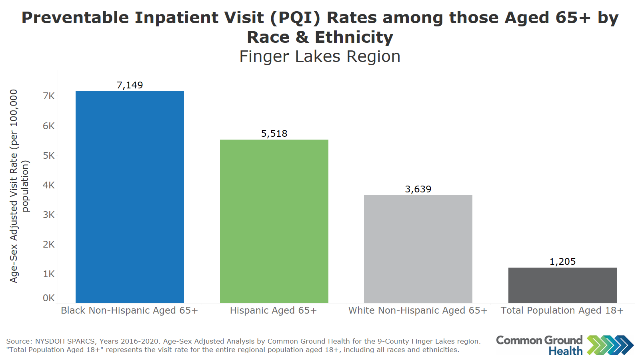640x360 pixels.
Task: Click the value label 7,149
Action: pos(130,85)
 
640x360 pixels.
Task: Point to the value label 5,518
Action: pos(274,134)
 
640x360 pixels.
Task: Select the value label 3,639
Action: pos(418,189)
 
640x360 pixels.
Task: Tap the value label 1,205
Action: pos(562,262)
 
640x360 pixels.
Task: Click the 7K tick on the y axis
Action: pos(49,96)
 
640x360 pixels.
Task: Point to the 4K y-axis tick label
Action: pos(49,185)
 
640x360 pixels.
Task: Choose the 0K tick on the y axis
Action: pos(49,298)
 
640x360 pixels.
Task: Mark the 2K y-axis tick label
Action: pos(49,244)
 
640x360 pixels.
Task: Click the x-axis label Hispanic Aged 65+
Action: pos(273,310)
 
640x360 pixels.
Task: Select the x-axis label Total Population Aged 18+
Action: pos(562,310)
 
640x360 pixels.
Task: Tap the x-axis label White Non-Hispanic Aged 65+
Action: pos(418,310)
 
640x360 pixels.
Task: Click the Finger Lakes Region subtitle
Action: pos(320,56)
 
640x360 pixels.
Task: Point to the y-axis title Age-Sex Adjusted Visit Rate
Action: pos(14,186)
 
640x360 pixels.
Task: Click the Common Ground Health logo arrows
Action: pos(610,345)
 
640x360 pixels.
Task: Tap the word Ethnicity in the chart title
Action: pos(354,37)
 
